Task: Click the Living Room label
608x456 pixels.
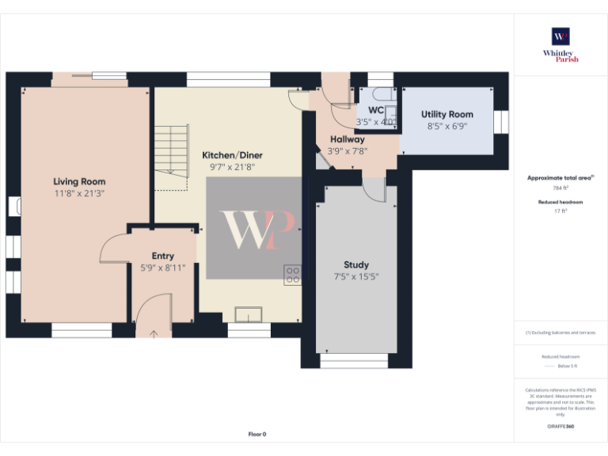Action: (x=79, y=181)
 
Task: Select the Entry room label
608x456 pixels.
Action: (x=162, y=256)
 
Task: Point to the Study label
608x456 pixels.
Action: (x=355, y=264)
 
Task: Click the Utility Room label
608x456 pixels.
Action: (x=446, y=115)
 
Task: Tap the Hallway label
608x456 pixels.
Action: (x=347, y=139)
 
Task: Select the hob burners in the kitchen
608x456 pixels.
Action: (x=292, y=274)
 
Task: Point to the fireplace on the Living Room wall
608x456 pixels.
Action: (x=16, y=207)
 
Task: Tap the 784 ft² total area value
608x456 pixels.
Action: (x=560, y=189)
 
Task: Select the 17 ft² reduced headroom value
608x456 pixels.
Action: (x=560, y=211)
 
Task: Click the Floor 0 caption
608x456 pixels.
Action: (x=257, y=434)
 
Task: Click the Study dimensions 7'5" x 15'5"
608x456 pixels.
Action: (x=355, y=276)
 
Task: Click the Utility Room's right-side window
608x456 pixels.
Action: (x=501, y=123)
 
